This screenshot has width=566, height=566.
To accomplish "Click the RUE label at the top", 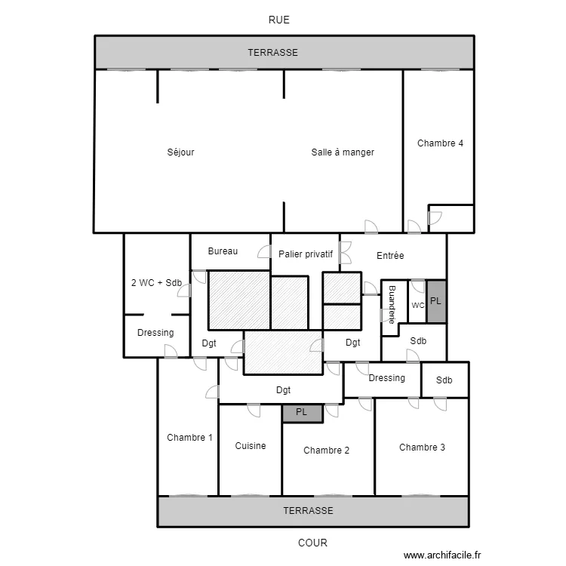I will pyautogui.click(x=278, y=20).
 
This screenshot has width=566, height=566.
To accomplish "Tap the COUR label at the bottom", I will pyautogui.click(x=312, y=542).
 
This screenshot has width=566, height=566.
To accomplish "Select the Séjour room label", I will pyautogui.click(x=180, y=152).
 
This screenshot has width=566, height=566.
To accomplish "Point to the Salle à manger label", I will pyautogui.click(x=343, y=152).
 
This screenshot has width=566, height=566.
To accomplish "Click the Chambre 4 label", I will pyautogui.click(x=440, y=143).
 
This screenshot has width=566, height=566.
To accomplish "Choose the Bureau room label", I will pyautogui.click(x=223, y=251).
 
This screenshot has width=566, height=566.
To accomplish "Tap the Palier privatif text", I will pyautogui.click(x=306, y=254).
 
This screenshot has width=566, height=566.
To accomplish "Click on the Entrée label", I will pyautogui.click(x=390, y=256).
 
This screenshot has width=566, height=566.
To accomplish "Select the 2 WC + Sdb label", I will pyautogui.click(x=156, y=283).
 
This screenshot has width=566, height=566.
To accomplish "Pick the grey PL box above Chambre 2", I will pyautogui.click(x=302, y=413).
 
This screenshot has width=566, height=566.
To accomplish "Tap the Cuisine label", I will pyautogui.click(x=250, y=446).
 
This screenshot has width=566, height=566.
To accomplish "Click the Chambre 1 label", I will pyautogui.click(x=189, y=438).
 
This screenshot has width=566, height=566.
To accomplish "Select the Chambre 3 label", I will pyautogui.click(x=422, y=448).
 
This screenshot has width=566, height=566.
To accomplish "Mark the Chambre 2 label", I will pyautogui.click(x=326, y=451).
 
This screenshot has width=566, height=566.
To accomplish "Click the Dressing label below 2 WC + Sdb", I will pyautogui.click(x=155, y=333).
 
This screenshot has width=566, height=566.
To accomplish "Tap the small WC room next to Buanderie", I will pyautogui.click(x=417, y=305).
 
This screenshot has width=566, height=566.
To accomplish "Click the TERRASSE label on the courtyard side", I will pyautogui.click(x=308, y=511).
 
